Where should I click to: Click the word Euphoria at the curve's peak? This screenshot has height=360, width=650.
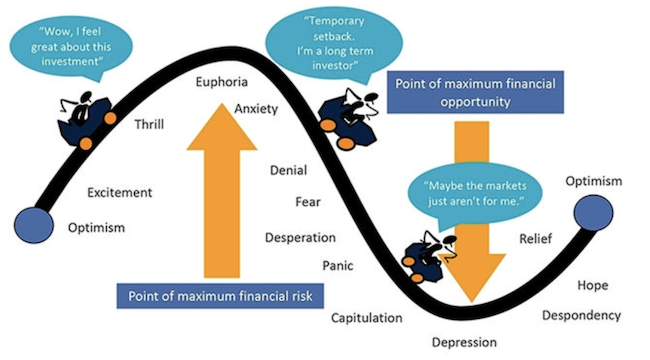click(x=221, y=82)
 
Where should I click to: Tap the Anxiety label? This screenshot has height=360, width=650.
click(x=256, y=109)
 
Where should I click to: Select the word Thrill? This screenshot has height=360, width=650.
click(x=149, y=124)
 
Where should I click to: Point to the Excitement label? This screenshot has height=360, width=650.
click(x=119, y=192)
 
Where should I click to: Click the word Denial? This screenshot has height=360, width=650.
click(x=289, y=170)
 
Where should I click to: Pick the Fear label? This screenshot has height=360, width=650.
click(x=308, y=202)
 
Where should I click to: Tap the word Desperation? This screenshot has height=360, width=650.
click(x=301, y=238)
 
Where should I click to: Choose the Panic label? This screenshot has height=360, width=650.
click(x=338, y=265)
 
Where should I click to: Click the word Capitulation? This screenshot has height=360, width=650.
click(x=366, y=318)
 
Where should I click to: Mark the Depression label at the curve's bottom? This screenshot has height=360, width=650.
click(x=464, y=343)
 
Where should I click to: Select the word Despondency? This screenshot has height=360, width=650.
click(x=582, y=316)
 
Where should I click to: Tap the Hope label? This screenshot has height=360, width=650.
click(x=593, y=285)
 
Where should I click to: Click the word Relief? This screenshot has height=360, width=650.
click(x=536, y=238)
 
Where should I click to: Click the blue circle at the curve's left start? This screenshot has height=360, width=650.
click(x=34, y=225)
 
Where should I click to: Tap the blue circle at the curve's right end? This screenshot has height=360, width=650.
click(x=593, y=212)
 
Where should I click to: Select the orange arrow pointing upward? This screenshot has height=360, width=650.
click(x=222, y=190)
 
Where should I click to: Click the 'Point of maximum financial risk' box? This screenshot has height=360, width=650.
click(x=220, y=296)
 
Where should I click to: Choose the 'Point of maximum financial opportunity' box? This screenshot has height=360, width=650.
click(x=475, y=92)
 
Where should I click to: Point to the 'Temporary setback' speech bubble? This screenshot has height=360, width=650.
click(x=333, y=44)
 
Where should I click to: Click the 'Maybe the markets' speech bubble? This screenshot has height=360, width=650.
click(x=475, y=193)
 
